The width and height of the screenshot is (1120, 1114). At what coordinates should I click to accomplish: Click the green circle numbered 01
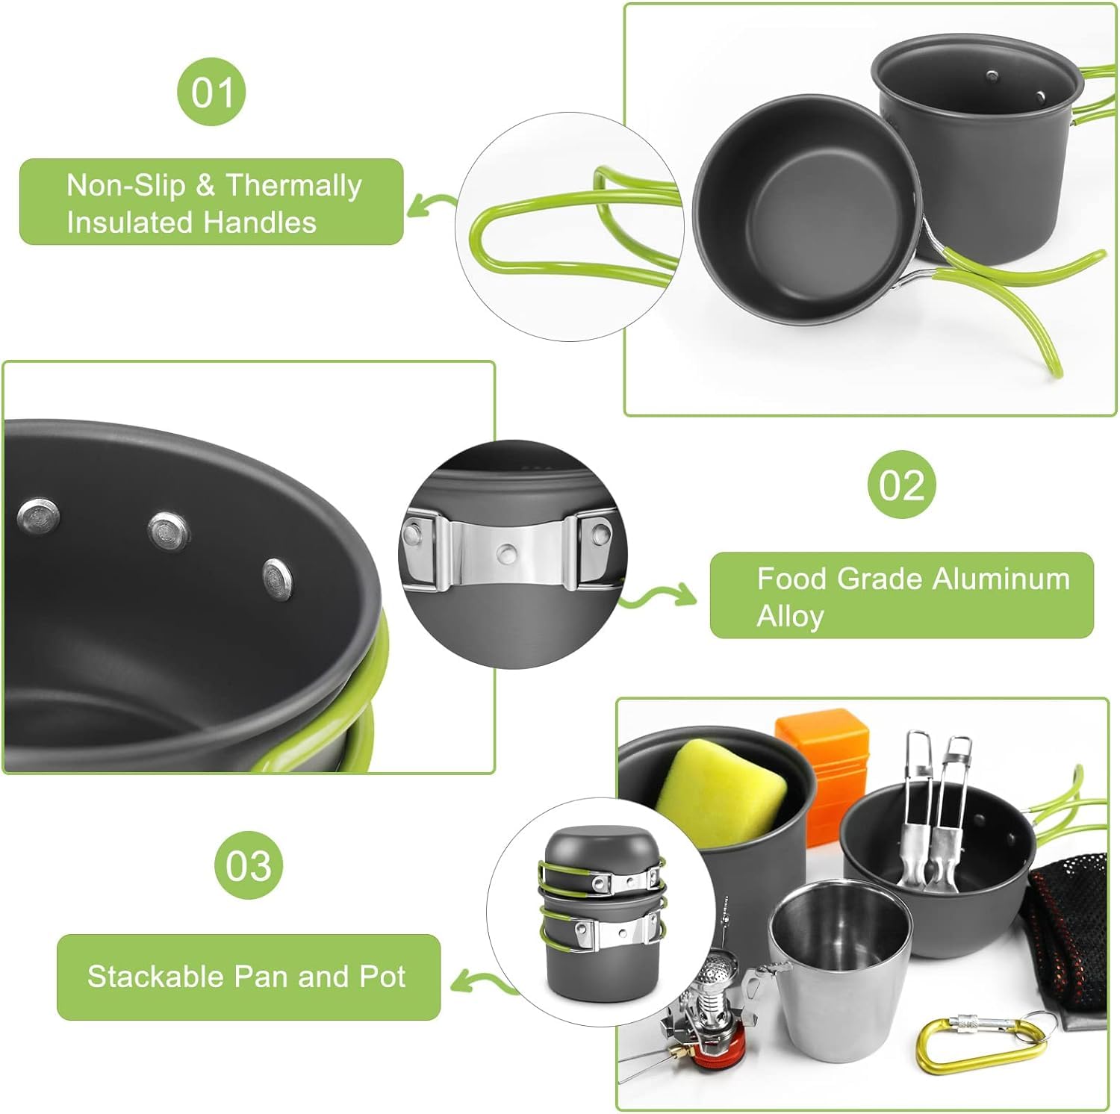tap(211, 92)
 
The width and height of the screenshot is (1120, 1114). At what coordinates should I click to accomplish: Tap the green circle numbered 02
tap(901, 485)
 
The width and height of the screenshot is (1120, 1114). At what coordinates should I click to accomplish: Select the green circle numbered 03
tap(249, 865)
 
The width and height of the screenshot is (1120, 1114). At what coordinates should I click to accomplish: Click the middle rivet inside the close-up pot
tap(168, 531)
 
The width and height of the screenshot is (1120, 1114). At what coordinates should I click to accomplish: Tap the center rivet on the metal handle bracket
tap(508, 553)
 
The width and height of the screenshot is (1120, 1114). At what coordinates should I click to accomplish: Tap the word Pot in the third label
tap(382, 977)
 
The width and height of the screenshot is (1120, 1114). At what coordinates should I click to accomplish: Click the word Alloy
tap(790, 616)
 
